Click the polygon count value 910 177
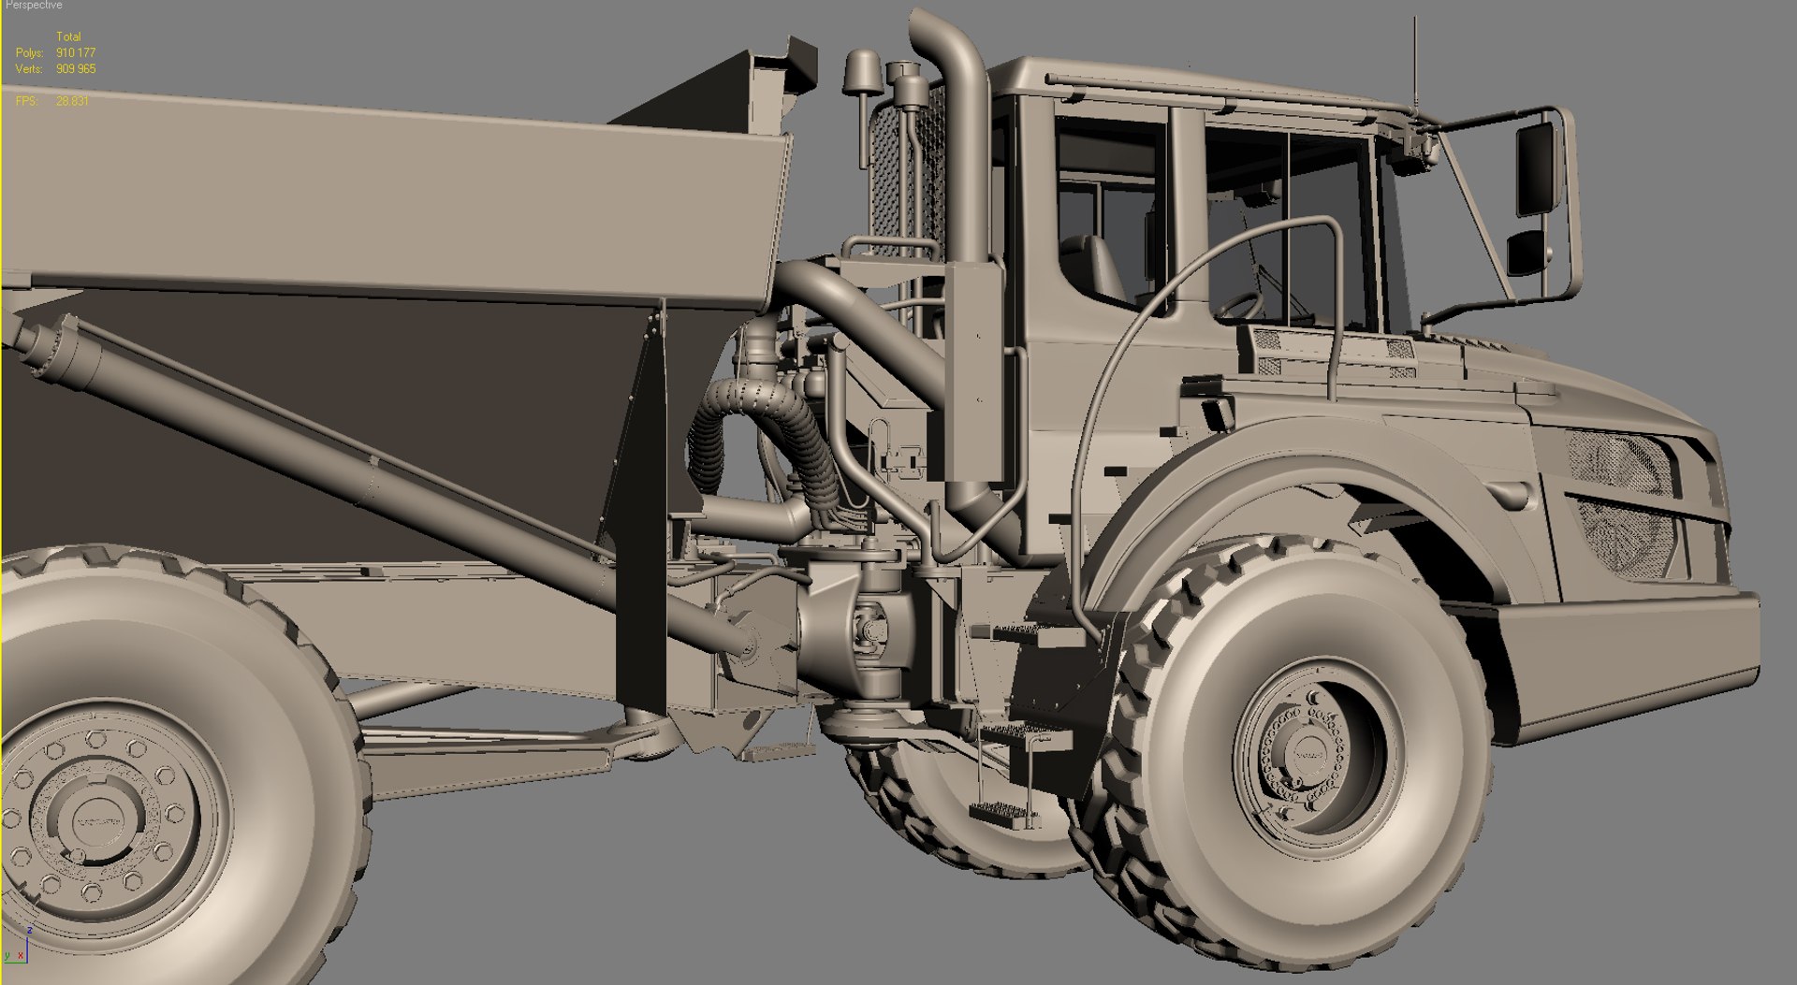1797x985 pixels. click(76, 53)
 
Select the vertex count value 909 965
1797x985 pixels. click(76, 69)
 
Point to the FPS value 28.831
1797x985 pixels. click(72, 101)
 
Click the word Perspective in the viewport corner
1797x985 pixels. click(34, 6)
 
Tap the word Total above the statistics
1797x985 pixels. click(68, 37)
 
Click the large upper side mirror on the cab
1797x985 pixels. click(1535, 168)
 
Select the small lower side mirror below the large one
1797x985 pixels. click(1526, 251)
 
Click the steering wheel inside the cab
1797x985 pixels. click(1240, 305)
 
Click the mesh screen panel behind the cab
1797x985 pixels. click(903, 178)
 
